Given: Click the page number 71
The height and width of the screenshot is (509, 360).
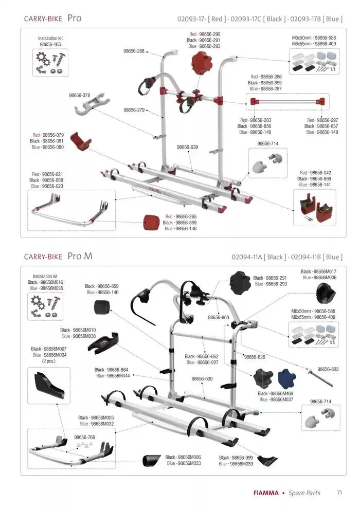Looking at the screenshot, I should coord(339,493).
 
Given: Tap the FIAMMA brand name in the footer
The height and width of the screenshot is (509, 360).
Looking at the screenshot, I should coord(266,493).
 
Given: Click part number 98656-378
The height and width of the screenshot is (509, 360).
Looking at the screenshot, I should coord(80,95).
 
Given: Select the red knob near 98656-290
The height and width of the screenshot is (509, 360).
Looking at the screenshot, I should coord(201,65).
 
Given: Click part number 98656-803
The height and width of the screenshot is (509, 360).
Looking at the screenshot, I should coord(328,369).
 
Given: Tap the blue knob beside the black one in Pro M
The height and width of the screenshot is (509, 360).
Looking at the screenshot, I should coord(286,379).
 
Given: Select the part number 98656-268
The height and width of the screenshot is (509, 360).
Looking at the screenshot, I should coord(134,51).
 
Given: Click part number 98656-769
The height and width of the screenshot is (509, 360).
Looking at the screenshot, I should coord(85,437).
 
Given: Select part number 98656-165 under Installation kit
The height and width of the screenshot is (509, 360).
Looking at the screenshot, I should coord(50,45).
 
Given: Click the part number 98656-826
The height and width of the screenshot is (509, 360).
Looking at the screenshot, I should coord(255,357).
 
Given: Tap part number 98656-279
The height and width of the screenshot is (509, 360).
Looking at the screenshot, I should coord(134,110).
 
